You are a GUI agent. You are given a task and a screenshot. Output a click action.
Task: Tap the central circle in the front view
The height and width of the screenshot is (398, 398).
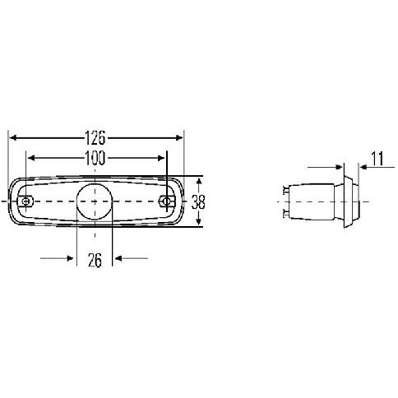95,201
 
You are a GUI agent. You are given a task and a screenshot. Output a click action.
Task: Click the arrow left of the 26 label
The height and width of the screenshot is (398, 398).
69,258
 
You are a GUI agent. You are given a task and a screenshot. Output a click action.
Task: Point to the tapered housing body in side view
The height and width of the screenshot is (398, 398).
317,201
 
